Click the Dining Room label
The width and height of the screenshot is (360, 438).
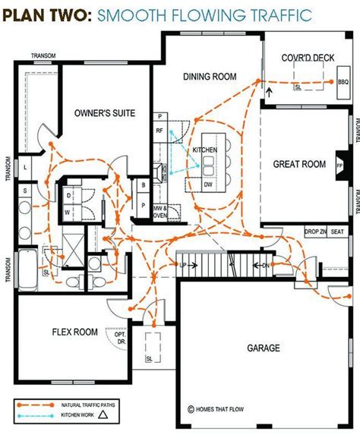pos(210,76)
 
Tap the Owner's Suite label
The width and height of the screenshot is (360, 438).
pos(105,113)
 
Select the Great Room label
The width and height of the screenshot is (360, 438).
pos(299,164)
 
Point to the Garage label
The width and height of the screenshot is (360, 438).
pos(264,348)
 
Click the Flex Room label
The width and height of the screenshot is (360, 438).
pos(74,332)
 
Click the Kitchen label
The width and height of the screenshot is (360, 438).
pos(205,150)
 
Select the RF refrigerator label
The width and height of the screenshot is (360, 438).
pos(160,131)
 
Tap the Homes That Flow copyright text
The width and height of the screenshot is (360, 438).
pos(218,408)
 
